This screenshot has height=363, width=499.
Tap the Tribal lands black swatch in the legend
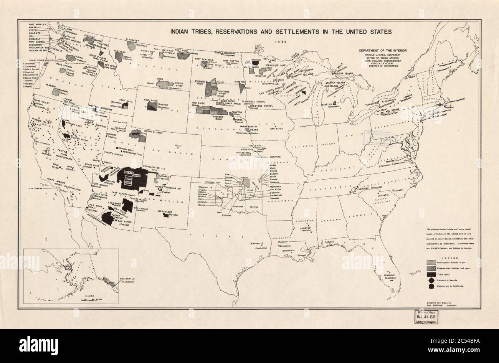coord(431,275)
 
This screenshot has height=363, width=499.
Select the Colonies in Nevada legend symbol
coord(431,280)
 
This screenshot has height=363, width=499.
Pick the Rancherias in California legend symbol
coord(431,286)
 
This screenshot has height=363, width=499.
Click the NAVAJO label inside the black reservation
coord(128,173)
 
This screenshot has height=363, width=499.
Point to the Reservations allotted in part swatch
coord(431,263)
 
